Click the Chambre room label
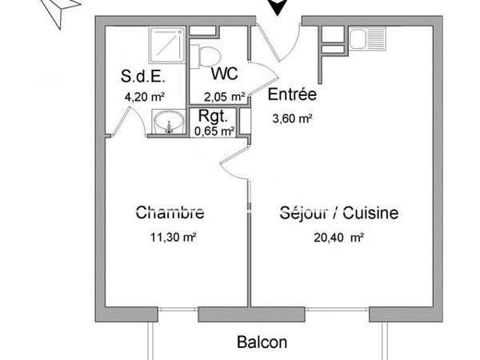(x=170, y=213)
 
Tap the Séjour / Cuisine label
(x=339, y=213)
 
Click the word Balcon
(x=262, y=342)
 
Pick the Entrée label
(x=292, y=94)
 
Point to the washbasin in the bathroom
(x=170, y=124)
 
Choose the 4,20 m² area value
(x=144, y=98)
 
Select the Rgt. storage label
(x=212, y=116)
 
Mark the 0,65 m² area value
(x=214, y=129)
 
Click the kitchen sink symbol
(x=370, y=38)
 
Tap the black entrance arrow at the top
(x=277, y=8)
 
